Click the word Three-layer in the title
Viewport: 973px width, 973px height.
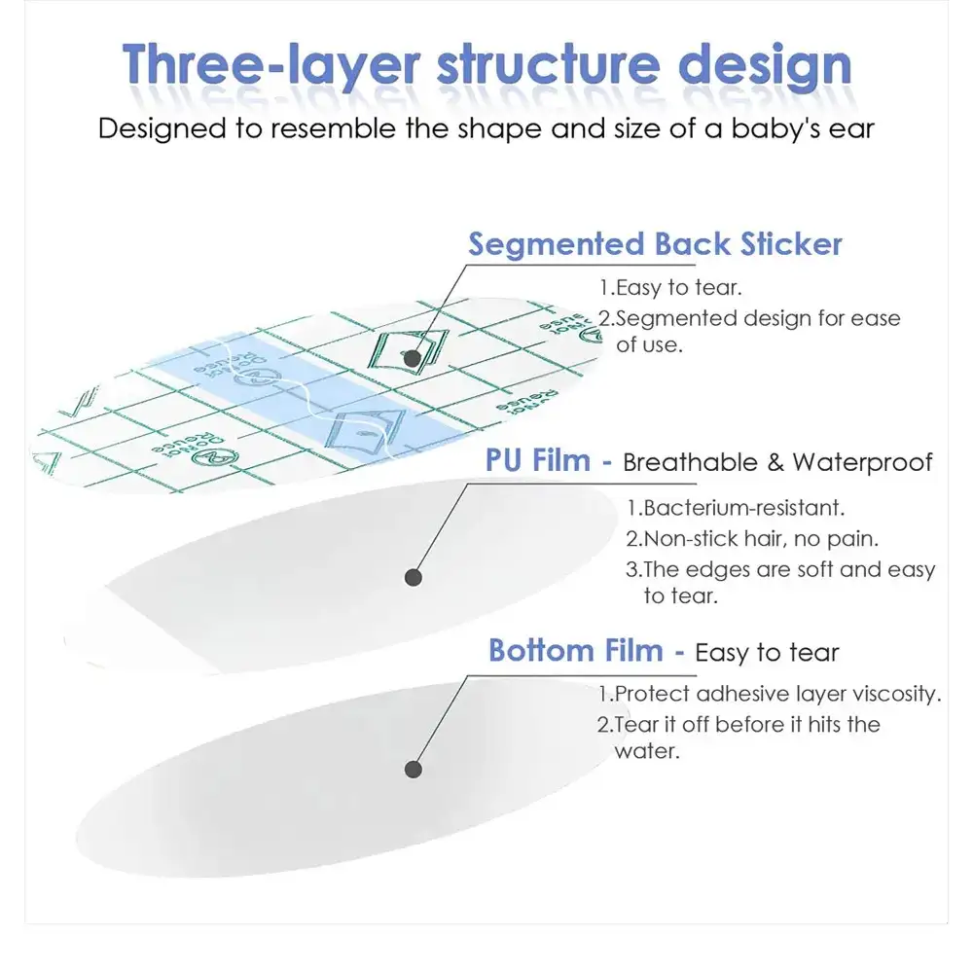[x=271, y=65]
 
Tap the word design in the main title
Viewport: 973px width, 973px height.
[x=765, y=65]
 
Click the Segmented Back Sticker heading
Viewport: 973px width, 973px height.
[x=655, y=243]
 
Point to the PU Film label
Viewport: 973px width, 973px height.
[x=538, y=461]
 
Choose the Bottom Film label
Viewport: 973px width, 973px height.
[x=576, y=651]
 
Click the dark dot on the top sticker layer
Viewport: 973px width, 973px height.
[x=412, y=358]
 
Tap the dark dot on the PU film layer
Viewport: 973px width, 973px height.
[x=414, y=578]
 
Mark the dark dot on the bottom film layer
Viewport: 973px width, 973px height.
[x=414, y=770]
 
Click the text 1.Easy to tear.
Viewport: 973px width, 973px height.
[x=670, y=288]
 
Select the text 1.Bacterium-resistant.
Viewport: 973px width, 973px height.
[x=736, y=508]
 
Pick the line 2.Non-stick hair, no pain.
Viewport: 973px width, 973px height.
[x=752, y=539]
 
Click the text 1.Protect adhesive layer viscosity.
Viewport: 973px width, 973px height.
[x=770, y=694]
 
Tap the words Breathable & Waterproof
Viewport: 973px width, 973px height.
[x=777, y=462]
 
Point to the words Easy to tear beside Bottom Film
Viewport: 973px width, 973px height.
[x=767, y=653]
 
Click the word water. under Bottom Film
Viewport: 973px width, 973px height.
[x=647, y=751]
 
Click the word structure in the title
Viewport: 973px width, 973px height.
[x=549, y=65]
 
